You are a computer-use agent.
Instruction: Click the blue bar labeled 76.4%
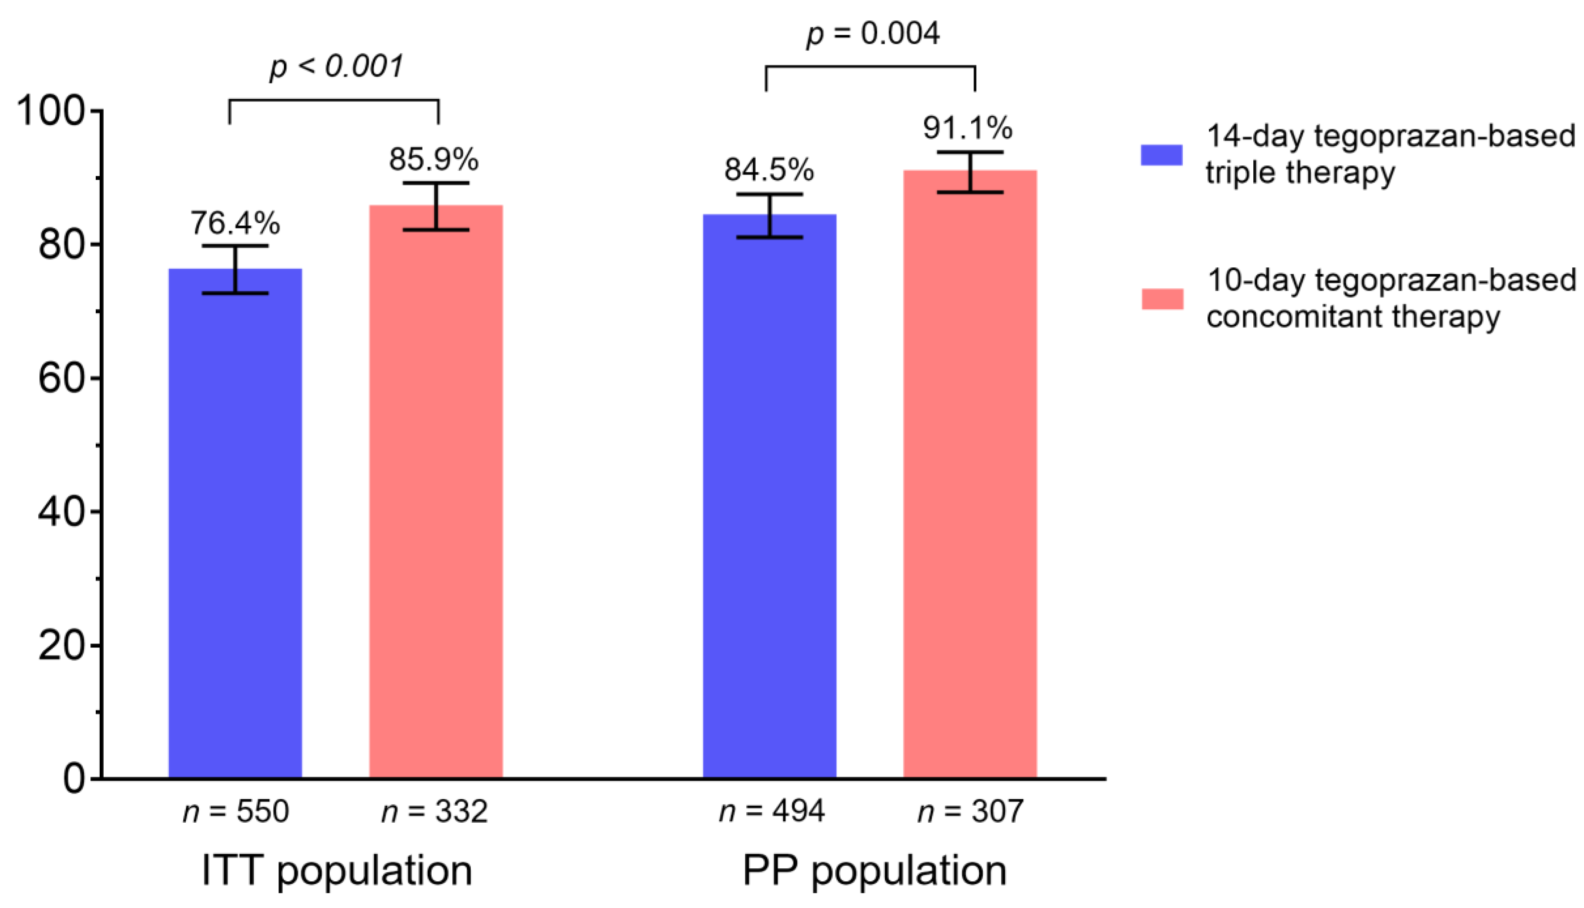(x=235, y=524)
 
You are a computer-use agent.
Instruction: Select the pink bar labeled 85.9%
(x=436, y=493)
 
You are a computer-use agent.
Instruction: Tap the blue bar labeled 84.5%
(x=769, y=499)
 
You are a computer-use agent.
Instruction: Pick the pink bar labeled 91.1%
(x=970, y=474)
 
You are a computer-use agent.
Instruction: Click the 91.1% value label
(x=967, y=128)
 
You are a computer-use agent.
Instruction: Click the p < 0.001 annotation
(x=337, y=66)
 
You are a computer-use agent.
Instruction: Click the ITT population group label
(x=337, y=871)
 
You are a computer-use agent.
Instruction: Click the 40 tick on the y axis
(x=61, y=512)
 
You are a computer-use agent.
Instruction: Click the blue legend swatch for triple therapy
(x=1161, y=155)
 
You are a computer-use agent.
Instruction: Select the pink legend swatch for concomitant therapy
(x=1162, y=299)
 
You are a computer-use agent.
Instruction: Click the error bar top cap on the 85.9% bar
(x=436, y=183)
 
